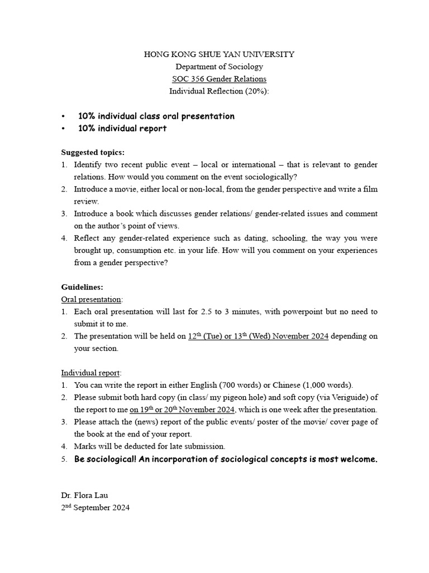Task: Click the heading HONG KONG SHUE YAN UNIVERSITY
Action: point(219,54)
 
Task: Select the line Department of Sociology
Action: point(219,67)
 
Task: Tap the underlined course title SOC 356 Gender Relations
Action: point(219,79)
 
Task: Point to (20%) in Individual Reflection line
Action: point(256,91)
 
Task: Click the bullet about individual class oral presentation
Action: point(156,116)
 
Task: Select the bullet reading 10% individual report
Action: point(122,128)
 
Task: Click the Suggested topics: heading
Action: point(93,152)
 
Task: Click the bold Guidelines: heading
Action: point(82,286)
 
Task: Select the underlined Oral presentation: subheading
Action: point(92,299)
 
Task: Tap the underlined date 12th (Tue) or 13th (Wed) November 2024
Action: point(258,336)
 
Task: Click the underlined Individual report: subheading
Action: point(91,373)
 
